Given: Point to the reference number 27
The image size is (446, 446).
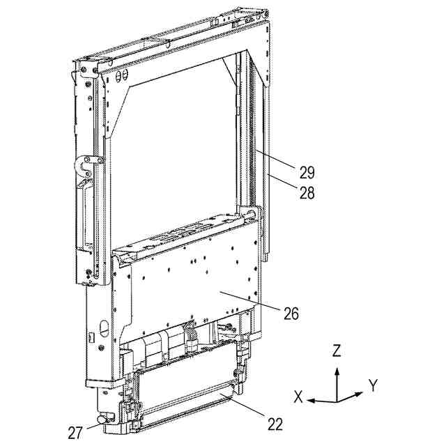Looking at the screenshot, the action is click(x=75, y=432).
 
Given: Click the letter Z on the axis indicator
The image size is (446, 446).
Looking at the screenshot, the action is click(x=337, y=351).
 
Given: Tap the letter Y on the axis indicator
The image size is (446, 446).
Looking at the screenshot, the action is click(x=373, y=384).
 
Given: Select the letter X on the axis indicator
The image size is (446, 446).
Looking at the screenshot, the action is click(x=298, y=397).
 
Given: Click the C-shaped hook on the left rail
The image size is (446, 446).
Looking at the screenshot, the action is click(x=86, y=167).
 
